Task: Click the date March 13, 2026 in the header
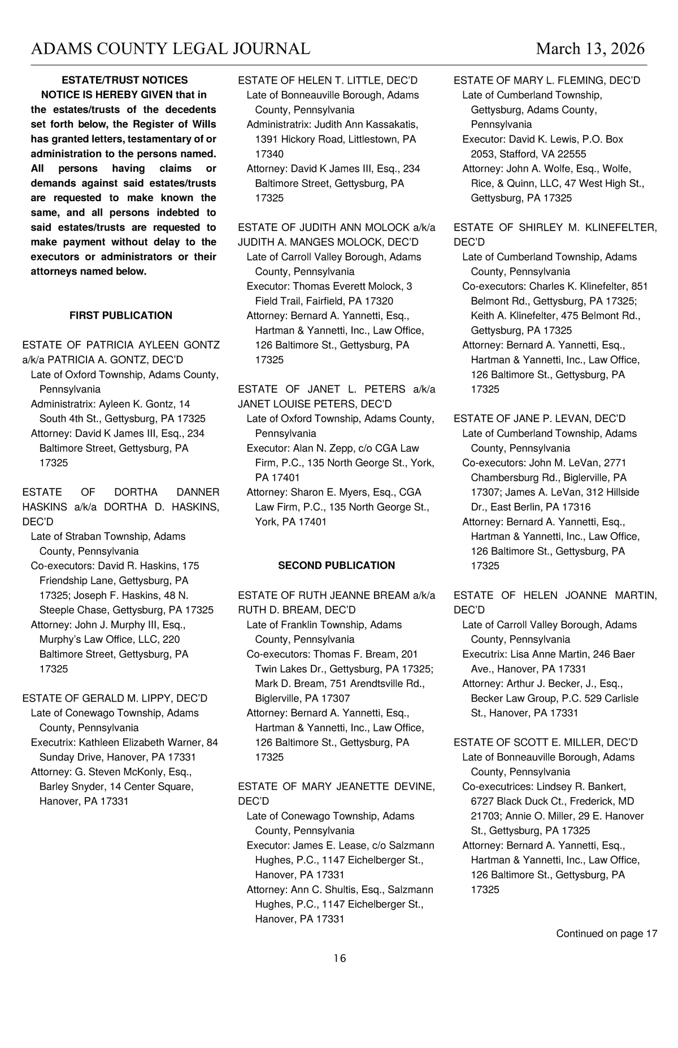coord(590,49)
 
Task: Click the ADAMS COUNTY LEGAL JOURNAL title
coord(171,49)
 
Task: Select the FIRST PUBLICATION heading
coord(121,315)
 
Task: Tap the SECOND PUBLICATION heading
coord(336,566)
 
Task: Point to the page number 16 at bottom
coord(340,958)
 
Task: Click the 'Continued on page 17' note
coord(606,933)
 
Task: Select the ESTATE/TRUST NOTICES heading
coord(124,80)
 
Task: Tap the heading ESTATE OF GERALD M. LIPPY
coord(115,698)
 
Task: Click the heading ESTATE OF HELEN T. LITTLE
coord(328,80)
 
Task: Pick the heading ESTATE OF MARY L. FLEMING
coord(546,80)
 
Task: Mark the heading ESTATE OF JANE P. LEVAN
coord(540,419)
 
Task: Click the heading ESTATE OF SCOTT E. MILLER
coord(545,742)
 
